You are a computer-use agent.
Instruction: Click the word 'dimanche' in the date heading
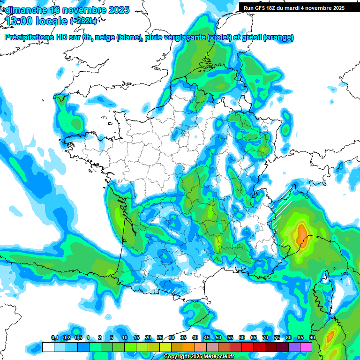tap(25, 10)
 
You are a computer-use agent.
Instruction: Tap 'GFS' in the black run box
tap(259, 8)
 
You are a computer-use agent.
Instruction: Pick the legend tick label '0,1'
tap(54, 338)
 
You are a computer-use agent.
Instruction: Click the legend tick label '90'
tap(312, 338)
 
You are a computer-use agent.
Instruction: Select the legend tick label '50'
tap(218, 338)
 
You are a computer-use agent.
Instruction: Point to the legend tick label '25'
tap(160, 338)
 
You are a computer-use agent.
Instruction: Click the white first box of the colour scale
tap(48, 347)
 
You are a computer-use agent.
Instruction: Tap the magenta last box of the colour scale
tap(306, 347)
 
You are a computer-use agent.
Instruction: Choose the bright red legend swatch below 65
tap(247, 347)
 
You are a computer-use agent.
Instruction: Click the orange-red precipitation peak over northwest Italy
tap(301, 232)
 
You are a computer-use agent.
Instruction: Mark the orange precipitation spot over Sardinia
tap(331, 336)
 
